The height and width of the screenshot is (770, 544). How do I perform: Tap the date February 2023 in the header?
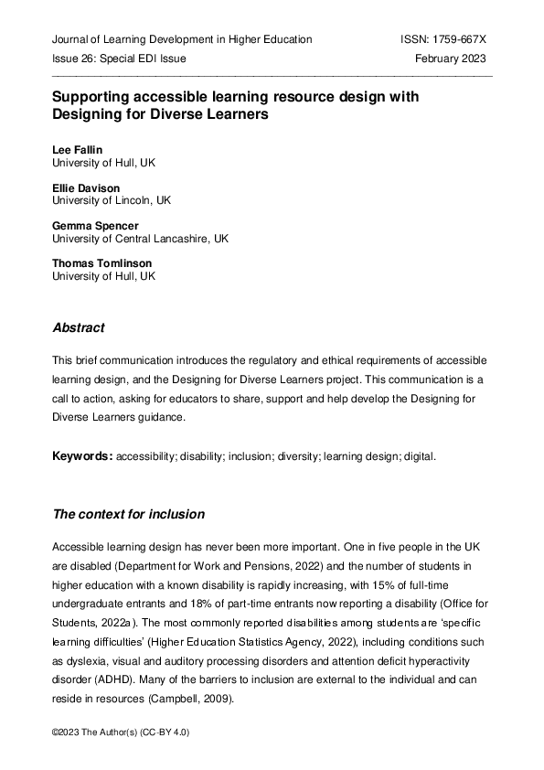(450, 59)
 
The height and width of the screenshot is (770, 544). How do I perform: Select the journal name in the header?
(182, 39)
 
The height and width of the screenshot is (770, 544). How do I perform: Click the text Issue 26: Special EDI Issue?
(119, 59)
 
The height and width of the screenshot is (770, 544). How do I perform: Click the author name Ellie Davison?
(85, 187)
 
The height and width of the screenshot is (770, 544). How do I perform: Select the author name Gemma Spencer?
(94, 225)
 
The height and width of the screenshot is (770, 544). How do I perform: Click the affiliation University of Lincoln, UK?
(112, 200)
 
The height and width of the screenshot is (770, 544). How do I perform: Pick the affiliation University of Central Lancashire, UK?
(140, 239)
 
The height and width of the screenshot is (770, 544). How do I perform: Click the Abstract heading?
(79, 327)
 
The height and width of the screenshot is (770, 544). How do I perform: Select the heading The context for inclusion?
(128, 514)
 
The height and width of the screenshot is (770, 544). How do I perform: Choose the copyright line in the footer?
(121, 733)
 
